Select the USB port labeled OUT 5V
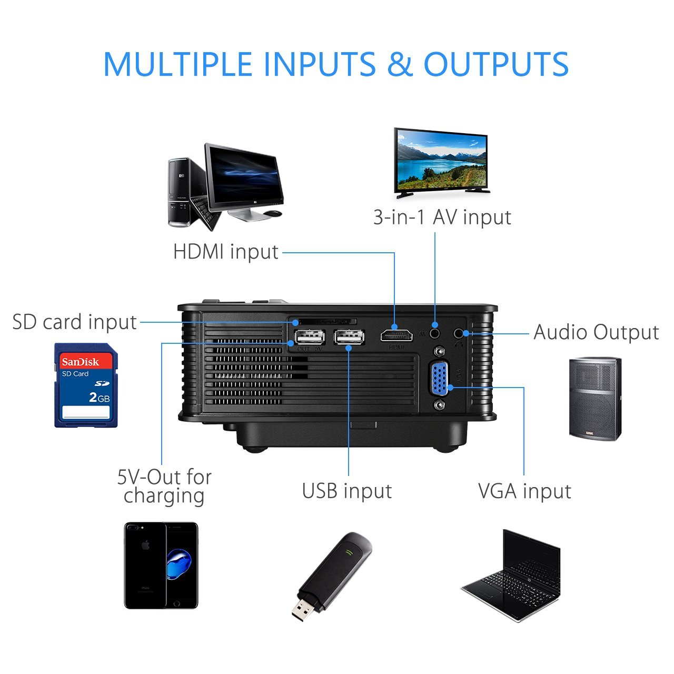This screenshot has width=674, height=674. click(x=309, y=337)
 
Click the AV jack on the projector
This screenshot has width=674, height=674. click(x=434, y=333)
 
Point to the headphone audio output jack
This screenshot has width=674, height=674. click(x=460, y=333)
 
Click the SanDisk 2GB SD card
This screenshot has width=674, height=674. click(x=86, y=385)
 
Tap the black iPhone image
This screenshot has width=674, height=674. click(x=161, y=565)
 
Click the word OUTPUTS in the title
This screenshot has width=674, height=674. click(x=496, y=64)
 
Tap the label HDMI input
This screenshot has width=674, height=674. click(x=225, y=252)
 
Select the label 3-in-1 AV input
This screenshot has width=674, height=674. click(x=442, y=217)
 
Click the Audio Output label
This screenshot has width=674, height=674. click(x=596, y=332)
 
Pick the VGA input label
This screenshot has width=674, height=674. click(x=524, y=491)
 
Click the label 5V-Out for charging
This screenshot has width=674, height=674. click(x=164, y=486)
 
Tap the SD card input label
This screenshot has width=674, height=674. click(x=74, y=322)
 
